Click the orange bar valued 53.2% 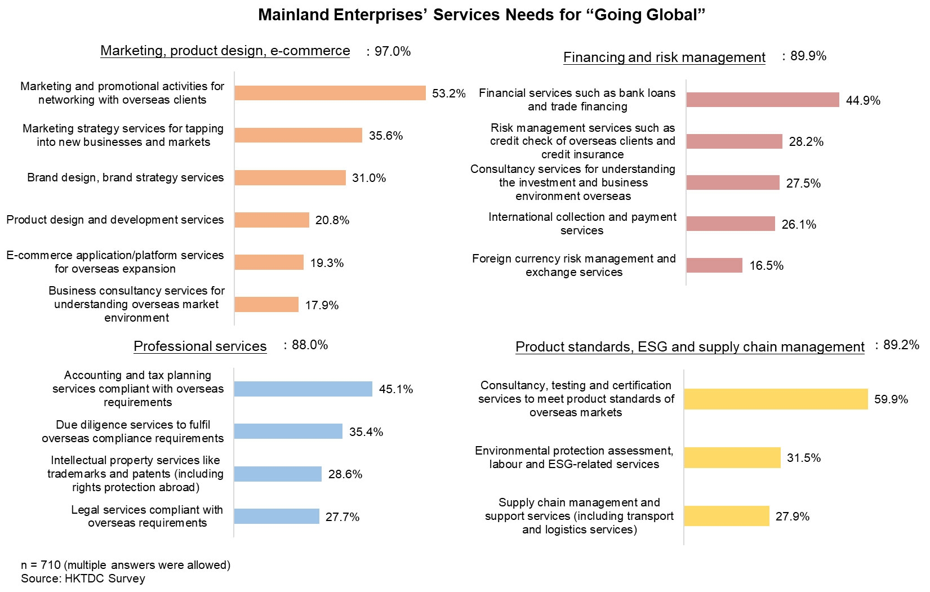coord(330,93)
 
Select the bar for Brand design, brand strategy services coord(290,177)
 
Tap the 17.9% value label coord(322,305)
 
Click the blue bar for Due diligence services coord(288,431)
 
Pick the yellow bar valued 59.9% coord(776,399)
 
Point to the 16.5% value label coord(766,266)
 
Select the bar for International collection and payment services coord(731,224)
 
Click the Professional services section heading coord(200,346)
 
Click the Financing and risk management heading coord(664,57)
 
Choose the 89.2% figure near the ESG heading coord(901,345)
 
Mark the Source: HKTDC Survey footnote coord(83,578)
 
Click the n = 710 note coord(126,564)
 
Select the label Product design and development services coord(115,220)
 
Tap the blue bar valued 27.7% coord(277,517)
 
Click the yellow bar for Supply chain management coord(727,516)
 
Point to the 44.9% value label coord(863,101)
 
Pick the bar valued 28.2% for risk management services coord(734,141)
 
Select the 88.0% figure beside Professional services coord(309,345)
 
